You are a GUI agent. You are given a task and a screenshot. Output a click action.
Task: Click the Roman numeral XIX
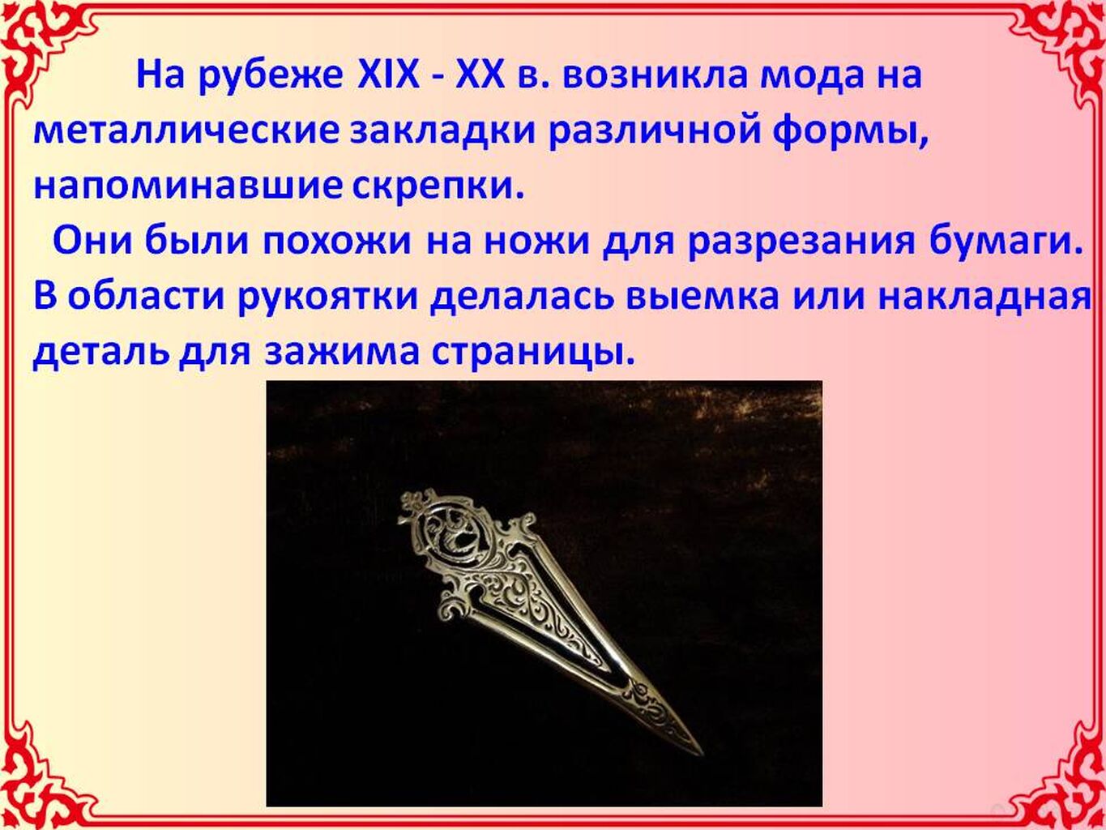pos(388,76)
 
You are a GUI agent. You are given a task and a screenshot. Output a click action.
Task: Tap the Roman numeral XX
pos(479,76)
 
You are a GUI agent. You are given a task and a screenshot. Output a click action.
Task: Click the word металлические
pos(186,133)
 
